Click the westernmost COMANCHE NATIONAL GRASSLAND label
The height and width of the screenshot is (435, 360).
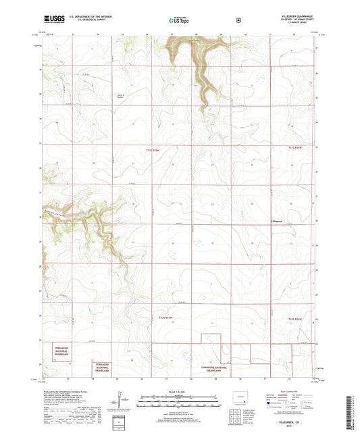(x=56, y=351)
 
